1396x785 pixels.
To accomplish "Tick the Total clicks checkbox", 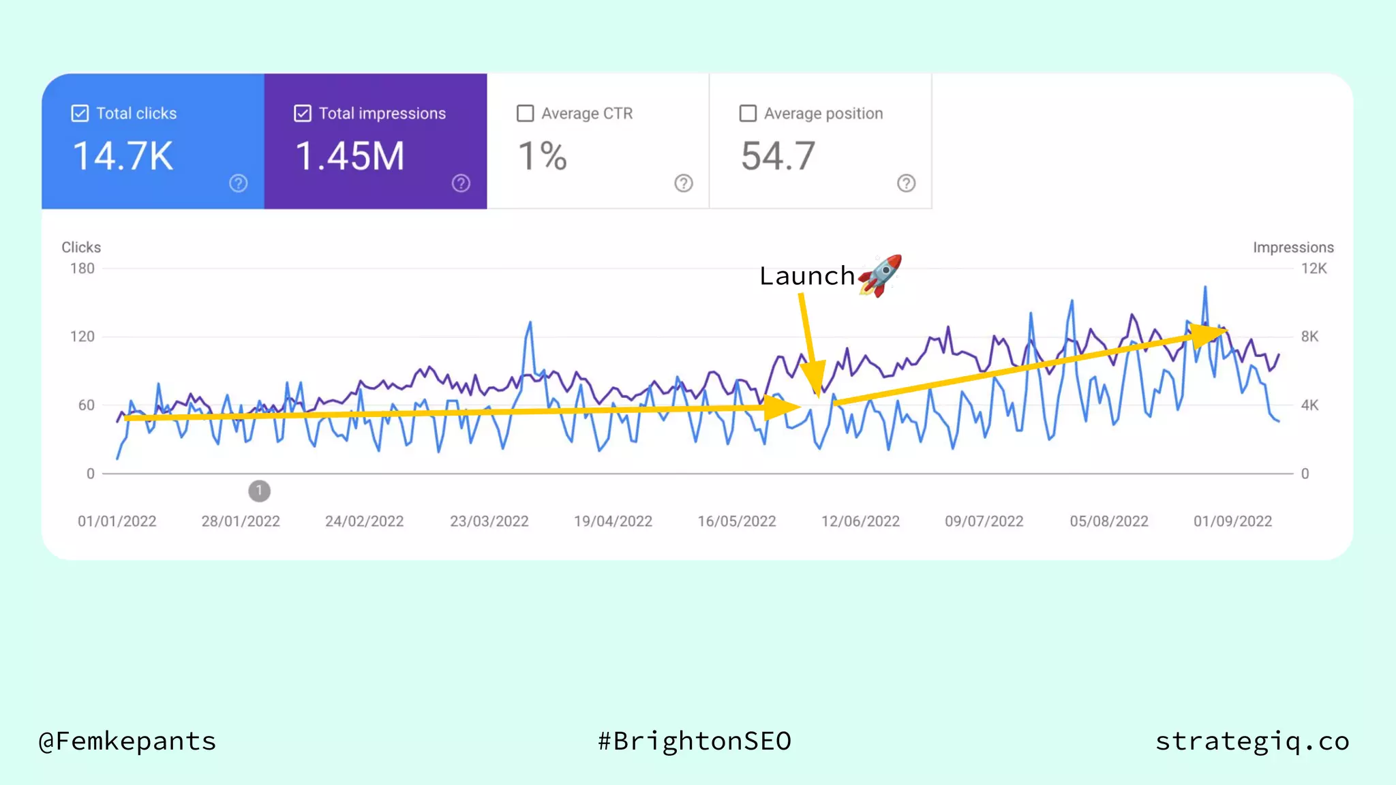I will pyautogui.click(x=80, y=113).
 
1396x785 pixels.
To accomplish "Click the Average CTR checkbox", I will pyautogui.click(x=525, y=113).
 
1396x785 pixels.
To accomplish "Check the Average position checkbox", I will pyautogui.click(x=748, y=113).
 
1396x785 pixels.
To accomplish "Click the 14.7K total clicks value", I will pyautogui.click(x=123, y=156).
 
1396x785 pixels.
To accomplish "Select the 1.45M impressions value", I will pyautogui.click(x=350, y=156).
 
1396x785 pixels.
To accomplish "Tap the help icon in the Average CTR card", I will pyautogui.click(x=683, y=183).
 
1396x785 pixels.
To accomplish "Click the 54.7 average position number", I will pyautogui.click(x=778, y=156).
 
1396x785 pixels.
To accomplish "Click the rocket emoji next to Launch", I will pyautogui.click(x=881, y=275).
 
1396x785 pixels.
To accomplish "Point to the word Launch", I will pyautogui.click(x=807, y=276).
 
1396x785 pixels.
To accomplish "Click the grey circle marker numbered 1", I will pyautogui.click(x=259, y=491).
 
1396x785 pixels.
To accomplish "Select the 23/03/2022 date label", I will pyautogui.click(x=489, y=521).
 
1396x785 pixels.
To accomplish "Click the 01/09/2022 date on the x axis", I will pyautogui.click(x=1232, y=521).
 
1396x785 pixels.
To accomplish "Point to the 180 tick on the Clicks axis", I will pyautogui.click(x=82, y=268).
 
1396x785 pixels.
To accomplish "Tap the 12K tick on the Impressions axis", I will pyautogui.click(x=1314, y=268).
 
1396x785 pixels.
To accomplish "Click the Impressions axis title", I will pyautogui.click(x=1292, y=247).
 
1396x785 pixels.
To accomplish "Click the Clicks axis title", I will pyautogui.click(x=81, y=247).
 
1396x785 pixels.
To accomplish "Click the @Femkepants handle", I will pyautogui.click(x=127, y=741).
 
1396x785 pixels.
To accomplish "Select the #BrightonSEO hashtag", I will pyautogui.click(x=695, y=741).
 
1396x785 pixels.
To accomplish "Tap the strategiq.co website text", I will pyautogui.click(x=1252, y=741).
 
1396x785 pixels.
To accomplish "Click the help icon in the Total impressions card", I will pyautogui.click(x=461, y=183).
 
